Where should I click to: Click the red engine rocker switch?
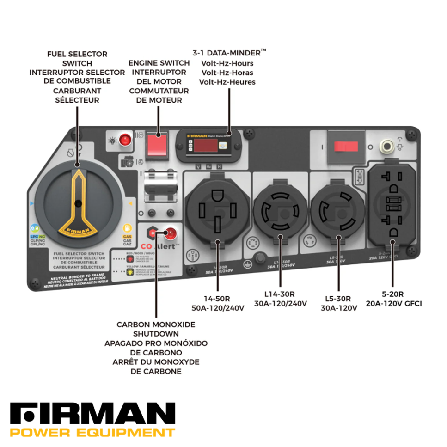(157, 144)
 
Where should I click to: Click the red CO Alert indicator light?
(171, 233)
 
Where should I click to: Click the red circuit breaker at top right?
(346, 147)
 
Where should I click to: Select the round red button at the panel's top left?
(125, 139)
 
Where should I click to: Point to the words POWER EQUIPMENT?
(92, 433)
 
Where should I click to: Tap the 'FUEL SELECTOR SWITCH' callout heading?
(77, 59)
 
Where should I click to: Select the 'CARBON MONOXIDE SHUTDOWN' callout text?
(156, 329)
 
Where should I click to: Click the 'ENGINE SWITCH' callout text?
(159, 63)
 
